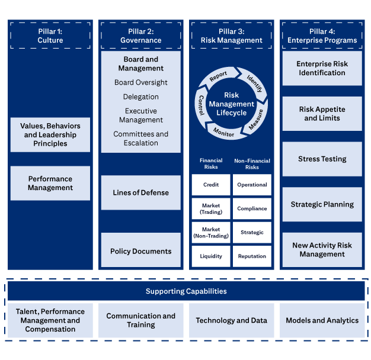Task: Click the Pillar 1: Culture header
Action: click(50, 36)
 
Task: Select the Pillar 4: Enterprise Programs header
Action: click(322, 36)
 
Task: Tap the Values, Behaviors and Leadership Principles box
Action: click(50, 134)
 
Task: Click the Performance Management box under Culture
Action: click(50, 183)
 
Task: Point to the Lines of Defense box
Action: click(141, 192)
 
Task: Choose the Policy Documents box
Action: click(141, 251)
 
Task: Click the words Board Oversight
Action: click(141, 82)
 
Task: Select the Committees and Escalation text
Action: click(141, 138)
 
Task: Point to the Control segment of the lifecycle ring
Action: click(202, 104)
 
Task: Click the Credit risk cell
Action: click(211, 185)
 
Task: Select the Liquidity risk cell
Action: click(211, 256)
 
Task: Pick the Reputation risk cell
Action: click(252, 256)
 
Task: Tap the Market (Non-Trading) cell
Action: click(211, 233)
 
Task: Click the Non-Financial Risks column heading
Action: click(252, 163)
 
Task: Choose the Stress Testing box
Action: click(322, 159)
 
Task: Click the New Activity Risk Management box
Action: click(322, 249)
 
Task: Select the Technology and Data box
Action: click(231, 320)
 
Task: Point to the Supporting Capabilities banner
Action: click(186, 291)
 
